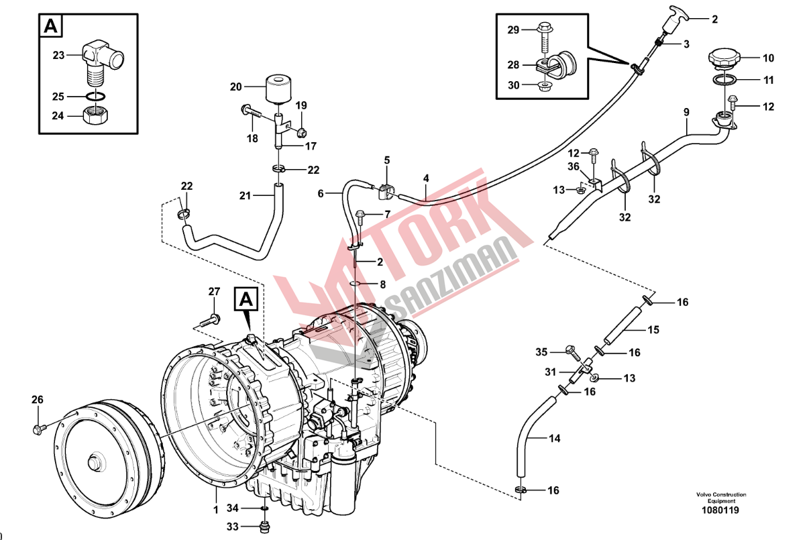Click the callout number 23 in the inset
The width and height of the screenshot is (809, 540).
click(x=60, y=55)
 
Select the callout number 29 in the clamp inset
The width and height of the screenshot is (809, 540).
click(x=513, y=30)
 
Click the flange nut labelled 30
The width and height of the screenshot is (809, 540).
click(x=544, y=85)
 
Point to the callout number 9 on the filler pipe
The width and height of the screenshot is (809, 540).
click(x=686, y=112)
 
